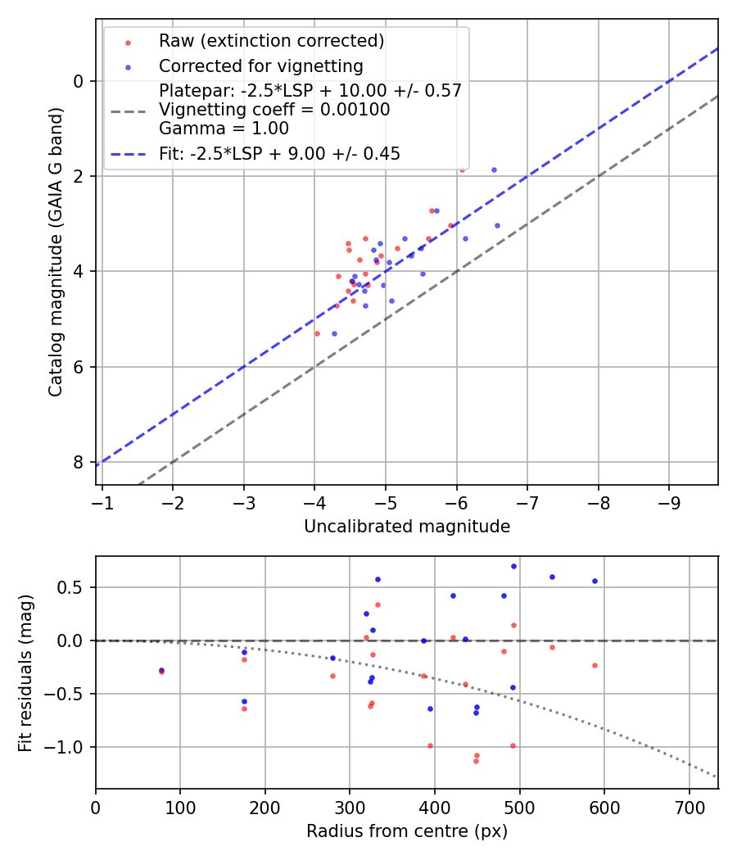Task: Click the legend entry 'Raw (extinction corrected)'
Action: tap(271, 41)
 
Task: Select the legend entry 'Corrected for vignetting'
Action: tap(260, 66)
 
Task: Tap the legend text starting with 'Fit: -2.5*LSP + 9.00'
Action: tap(279, 153)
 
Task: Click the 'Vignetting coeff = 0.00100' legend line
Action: tap(274, 110)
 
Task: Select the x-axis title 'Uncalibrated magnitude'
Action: tap(407, 527)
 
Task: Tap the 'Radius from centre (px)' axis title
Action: tap(407, 831)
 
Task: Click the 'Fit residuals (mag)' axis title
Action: tap(25, 672)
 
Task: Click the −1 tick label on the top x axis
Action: tap(102, 501)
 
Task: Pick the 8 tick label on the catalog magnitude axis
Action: tap(78, 462)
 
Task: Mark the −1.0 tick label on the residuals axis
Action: tap(69, 747)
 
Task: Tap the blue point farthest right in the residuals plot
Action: tap(595, 581)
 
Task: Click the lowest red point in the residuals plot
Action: tap(476, 761)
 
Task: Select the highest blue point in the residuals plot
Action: tap(513, 566)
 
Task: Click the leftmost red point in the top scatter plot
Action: tap(317, 333)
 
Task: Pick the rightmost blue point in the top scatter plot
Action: tap(497, 225)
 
